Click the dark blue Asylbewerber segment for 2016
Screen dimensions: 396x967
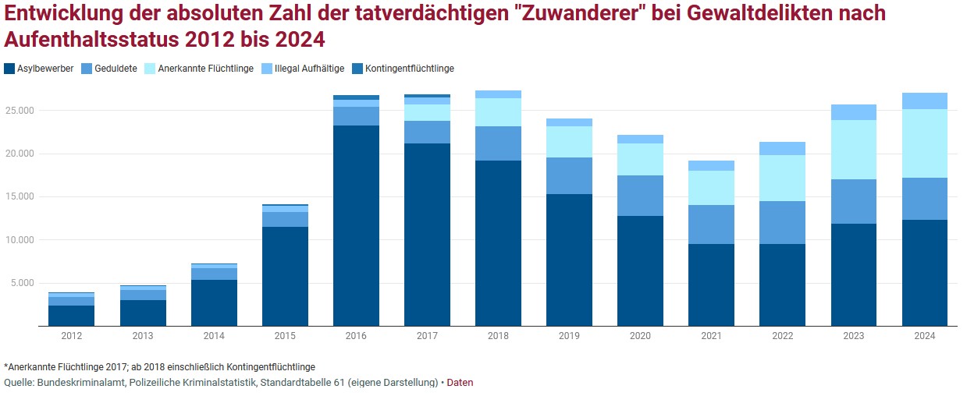(x=356, y=225)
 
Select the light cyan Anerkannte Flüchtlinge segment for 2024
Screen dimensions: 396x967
(x=924, y=143)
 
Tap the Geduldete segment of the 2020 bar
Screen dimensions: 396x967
(x=640, y=196)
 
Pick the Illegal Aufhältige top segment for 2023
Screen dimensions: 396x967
(x=853, y=112)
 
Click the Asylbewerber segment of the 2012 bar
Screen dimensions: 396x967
(x=71, y=316)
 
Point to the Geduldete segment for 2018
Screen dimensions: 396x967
(x=498, y=143)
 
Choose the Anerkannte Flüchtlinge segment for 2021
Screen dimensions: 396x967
(x=711, y=188)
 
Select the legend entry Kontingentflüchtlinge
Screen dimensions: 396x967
(x=409, y=69)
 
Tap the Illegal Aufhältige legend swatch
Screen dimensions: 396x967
(x=267, y=69)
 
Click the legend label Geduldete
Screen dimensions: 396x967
(x=115, y=69)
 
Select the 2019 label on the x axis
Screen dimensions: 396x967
(x=569, y=336)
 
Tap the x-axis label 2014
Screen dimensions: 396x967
(x=214, y=336)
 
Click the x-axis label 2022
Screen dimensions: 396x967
(x=782, y=336)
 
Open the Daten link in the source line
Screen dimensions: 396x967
(x=460, y=383)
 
